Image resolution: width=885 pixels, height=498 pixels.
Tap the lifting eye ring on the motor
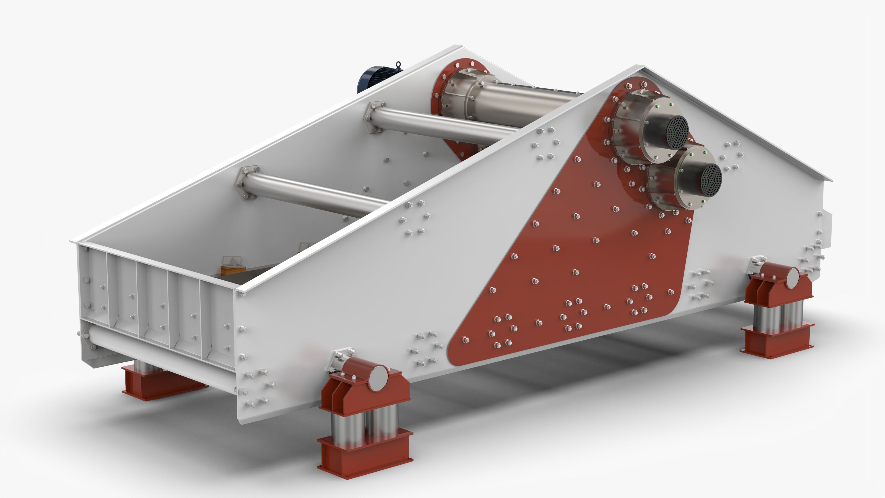tap(398, 65)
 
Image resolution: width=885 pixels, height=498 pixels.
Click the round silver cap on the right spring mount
tap(793, 278)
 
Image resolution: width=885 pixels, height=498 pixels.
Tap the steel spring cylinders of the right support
tap(778, 318)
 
